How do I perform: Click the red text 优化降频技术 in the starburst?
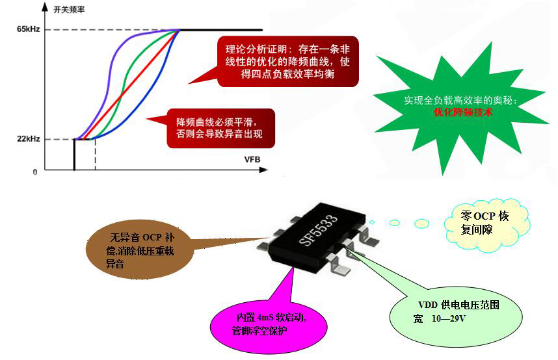463,112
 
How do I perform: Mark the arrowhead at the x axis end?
263,170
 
